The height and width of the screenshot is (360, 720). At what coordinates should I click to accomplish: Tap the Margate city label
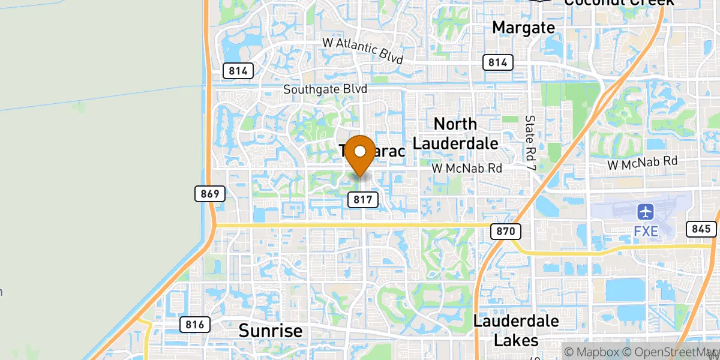[523, 27]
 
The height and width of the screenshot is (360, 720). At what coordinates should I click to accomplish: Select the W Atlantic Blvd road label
[363, 47]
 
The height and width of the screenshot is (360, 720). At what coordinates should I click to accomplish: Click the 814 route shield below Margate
[497, 62]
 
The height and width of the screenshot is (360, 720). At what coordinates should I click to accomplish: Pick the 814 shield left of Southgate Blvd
[238, 70]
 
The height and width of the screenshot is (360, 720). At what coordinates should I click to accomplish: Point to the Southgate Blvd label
[325, 89]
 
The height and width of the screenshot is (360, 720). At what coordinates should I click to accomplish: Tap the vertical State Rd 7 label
[530, 142]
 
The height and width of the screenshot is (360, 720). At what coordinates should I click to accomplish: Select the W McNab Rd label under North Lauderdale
[467, 169]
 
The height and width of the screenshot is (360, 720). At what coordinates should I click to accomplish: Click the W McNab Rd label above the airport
[642, 161]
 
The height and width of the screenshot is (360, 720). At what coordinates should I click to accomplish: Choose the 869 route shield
[209, 193]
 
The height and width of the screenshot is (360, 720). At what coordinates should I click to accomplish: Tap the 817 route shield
[363, 199]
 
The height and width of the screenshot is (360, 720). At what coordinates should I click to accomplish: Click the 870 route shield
[506, 231]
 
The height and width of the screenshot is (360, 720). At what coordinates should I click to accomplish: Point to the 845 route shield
[700, 229]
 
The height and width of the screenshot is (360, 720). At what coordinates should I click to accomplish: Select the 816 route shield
[195, 325]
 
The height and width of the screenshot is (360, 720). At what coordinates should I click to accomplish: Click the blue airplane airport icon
[646, 212]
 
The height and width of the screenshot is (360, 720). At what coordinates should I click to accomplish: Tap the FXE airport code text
[646, 231]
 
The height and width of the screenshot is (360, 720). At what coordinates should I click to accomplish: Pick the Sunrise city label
[270, 331]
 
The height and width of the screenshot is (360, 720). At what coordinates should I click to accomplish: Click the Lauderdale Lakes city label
[516, 330]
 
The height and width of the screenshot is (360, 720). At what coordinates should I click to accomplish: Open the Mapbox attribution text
[590, 351]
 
